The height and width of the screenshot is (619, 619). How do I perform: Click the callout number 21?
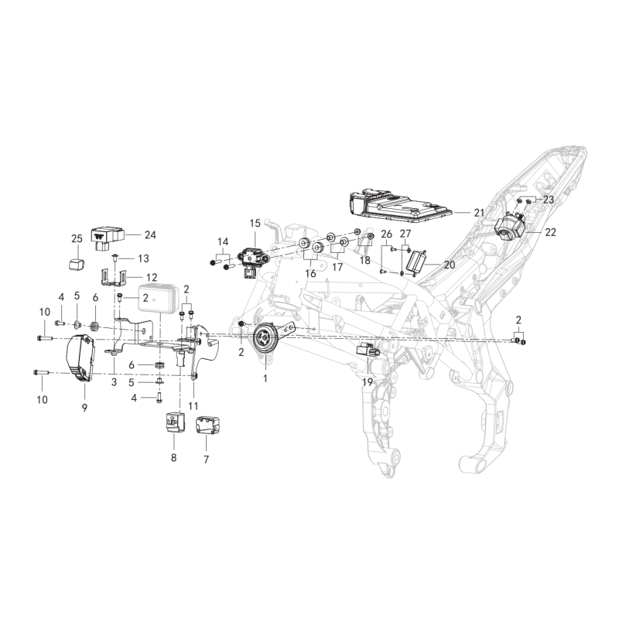pyautogui.click(x=479, y=214)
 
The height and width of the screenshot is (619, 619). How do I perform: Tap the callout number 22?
pyautogui.click(x=550, y=232)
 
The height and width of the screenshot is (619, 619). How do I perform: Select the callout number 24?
pyautogui.click(x=150, y=235)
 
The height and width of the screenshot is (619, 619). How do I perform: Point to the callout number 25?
pyautogui.click(x=77, y=238)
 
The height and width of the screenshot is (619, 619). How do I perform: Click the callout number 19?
pyautogui.click(x=368, y=381)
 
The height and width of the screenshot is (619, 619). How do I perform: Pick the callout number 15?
pyautogui.click(x=255, y=224)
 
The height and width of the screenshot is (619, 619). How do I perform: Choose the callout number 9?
pyautogui.click(x=84, y=408)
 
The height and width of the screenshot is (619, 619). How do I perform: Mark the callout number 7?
pyautogui.click(x=206, y=460)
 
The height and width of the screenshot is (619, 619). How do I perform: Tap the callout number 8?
pyautogui.click(x=173, y=458)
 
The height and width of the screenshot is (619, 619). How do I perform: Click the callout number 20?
pyautogui.click(x=450, y=265)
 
